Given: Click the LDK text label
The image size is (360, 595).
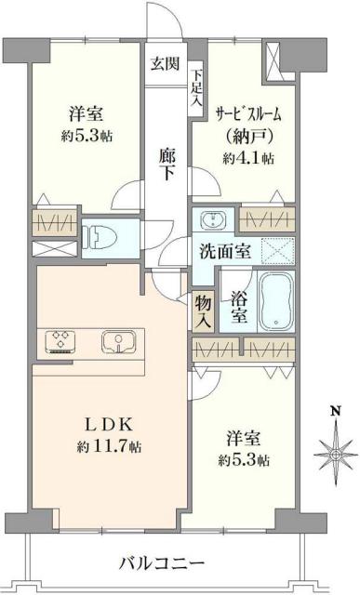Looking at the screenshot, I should pos(110,426).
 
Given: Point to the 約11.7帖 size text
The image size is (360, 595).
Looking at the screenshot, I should pos(110,447).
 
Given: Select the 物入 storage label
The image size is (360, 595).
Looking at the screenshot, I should pos(204,310).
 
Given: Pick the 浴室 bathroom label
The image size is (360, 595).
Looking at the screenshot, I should pos(238,307).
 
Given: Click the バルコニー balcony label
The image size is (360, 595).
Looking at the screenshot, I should pos(163,563).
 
